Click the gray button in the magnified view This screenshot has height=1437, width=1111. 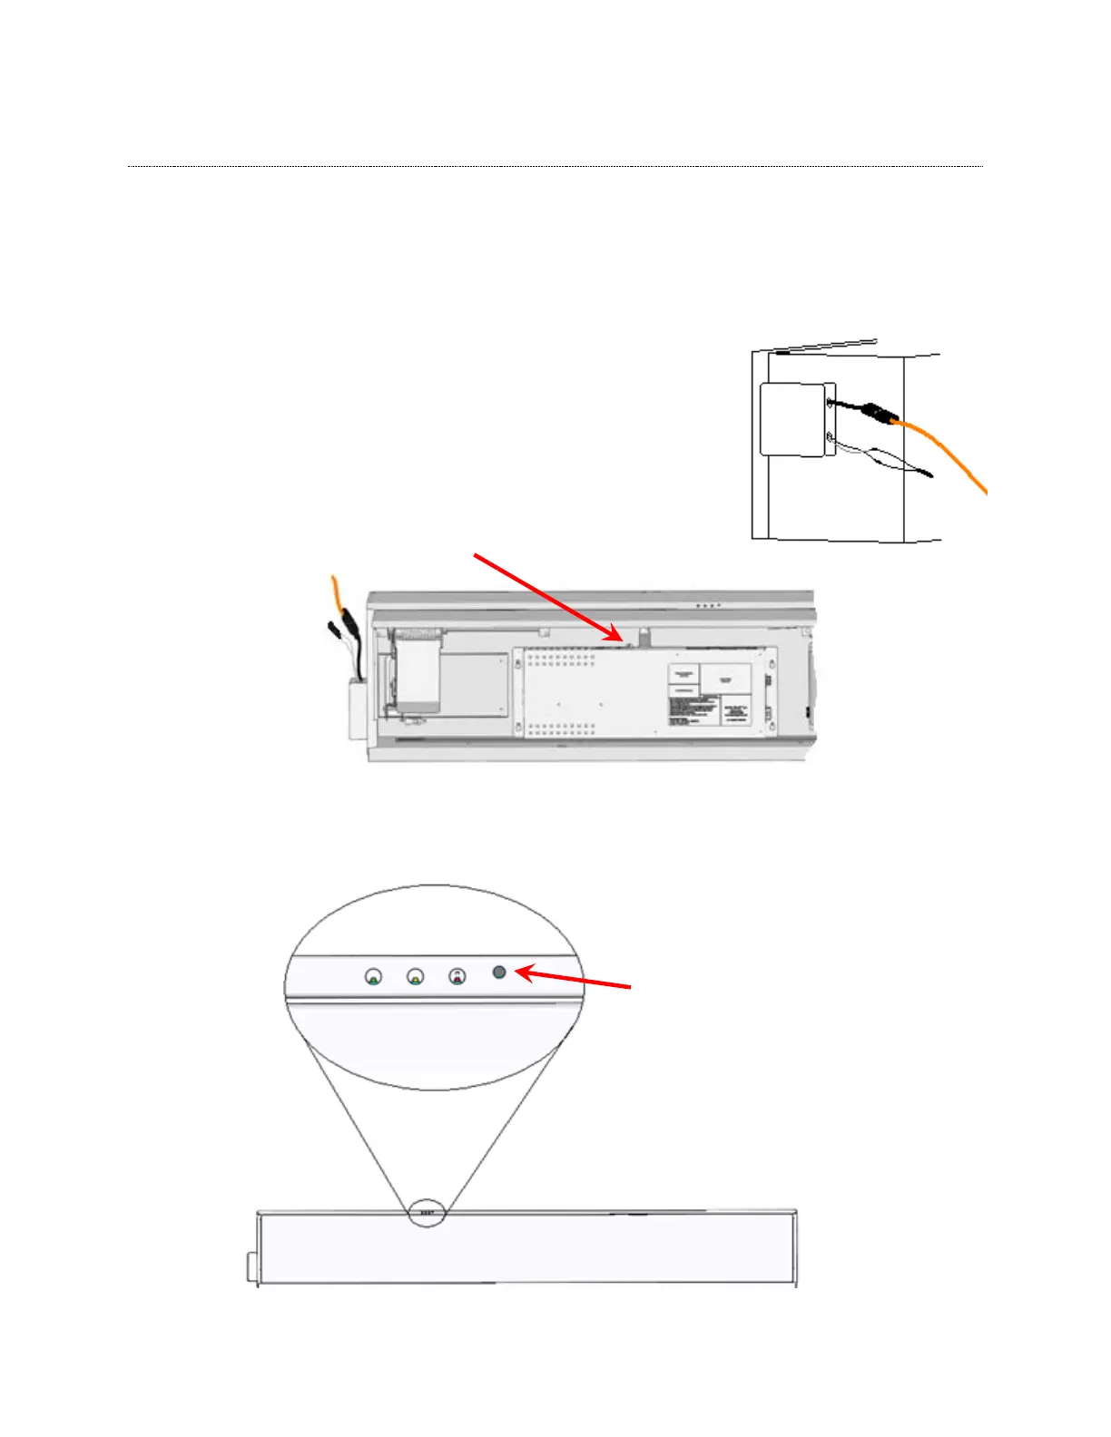[498, 972]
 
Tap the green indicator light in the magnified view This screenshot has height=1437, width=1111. [373, 977]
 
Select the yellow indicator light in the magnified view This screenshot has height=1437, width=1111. [416, 977]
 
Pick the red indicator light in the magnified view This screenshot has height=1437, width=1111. [457, 976]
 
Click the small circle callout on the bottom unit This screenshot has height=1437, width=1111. [427, 1213]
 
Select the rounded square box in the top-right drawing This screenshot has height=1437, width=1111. [792, 418]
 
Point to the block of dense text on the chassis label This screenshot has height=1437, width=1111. [693, 709]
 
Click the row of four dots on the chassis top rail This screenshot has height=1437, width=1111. [707, 605]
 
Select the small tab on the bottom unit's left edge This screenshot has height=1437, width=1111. [251, 1266]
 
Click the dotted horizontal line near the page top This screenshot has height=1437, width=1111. [555, 167]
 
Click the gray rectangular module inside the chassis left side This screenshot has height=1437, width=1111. [418, 676]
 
